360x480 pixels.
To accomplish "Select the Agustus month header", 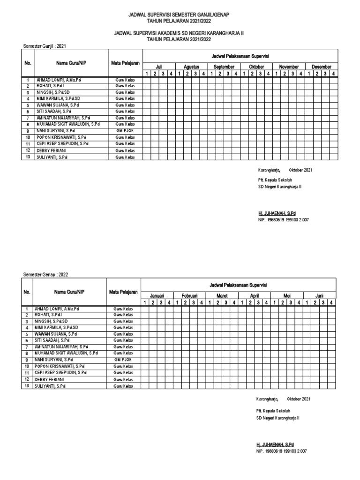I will tap(191, 67).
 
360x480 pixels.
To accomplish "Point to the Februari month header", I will tap(189, 296).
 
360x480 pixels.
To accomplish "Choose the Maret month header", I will tap(222, 296).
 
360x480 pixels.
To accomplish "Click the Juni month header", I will tap(319, 296).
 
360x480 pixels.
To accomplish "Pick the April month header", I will tap(255, 296).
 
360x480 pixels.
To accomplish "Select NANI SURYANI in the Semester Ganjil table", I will tap(56, 131).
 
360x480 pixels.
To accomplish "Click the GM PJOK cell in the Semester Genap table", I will tap(123, 359).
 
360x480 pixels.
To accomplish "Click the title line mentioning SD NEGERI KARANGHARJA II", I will tap(180, 34).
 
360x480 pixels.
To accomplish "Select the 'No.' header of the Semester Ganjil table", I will tap(28, 63).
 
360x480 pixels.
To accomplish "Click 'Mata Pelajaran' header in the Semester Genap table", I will tap(123, 292).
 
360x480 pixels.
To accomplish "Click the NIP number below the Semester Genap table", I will tap(281, 450).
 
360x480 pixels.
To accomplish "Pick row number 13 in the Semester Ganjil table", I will tap(28, 157).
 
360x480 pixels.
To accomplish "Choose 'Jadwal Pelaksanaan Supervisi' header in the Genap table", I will tap(239, 285).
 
